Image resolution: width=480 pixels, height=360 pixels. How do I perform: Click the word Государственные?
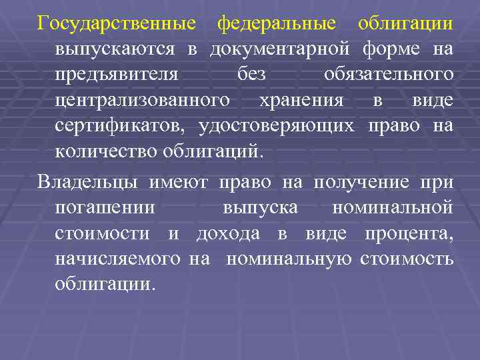point(117,24)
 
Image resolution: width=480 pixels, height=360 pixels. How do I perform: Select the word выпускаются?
point(115,49)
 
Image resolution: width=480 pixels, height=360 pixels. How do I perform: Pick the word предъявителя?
point(117,75)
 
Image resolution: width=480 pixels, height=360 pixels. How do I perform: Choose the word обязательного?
point(389,75)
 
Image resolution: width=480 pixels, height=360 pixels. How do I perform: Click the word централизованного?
point(143,100)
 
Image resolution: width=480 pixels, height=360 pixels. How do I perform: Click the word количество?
point(106,151)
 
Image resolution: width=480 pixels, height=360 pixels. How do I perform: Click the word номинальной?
point(393,207)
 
